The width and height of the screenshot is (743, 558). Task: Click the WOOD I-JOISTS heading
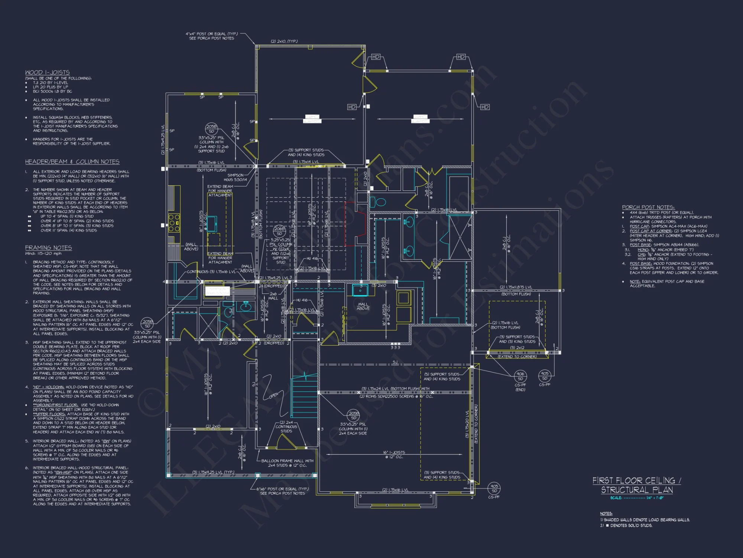(x=47, y=73)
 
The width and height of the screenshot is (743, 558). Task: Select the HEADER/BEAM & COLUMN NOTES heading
(x=72, y=162)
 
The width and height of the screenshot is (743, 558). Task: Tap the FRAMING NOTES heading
(x=48, y=248)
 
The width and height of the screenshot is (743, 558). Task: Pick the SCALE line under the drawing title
(x=636, y=498)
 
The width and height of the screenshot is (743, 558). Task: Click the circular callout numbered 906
(x=520, y=376)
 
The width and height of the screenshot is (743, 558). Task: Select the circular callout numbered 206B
(x=279, y=231)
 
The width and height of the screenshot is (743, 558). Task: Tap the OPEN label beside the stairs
(x=273, y=395)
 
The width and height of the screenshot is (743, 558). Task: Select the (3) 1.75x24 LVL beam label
(x=395, y=389)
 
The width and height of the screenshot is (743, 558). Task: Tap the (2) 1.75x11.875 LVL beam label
(x=516, y=287)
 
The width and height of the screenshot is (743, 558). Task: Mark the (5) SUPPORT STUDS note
(x=442, y=374)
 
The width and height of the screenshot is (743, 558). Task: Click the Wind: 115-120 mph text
(x=43, y=253)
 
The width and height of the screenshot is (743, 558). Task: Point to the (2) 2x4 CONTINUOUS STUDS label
(x=286, y=427)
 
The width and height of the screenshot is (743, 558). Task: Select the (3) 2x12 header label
(x=517, y=348)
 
